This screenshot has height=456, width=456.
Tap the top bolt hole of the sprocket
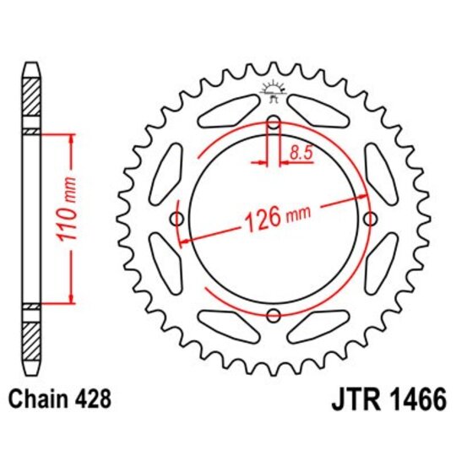pos(273,123)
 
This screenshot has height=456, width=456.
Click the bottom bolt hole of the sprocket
pos(273,316)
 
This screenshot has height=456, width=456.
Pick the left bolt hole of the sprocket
pos(176,220)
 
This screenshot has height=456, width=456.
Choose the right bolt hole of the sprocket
pos(369,220)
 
